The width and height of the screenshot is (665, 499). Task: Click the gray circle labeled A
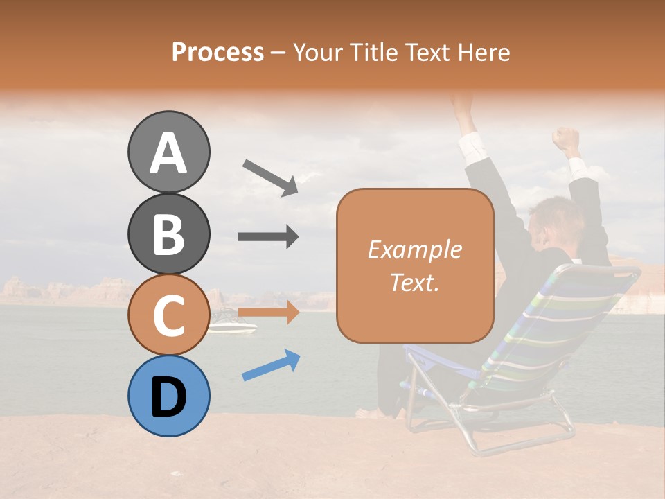tap(168, 152)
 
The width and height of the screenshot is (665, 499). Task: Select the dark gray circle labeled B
tap(168, 234)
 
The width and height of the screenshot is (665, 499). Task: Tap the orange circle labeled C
tap(168, 315)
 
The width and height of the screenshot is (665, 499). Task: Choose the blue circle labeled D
tap(168, 396)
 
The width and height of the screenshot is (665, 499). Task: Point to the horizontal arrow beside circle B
tap(268, 237)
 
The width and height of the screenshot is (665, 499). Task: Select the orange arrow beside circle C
tap(268, 313)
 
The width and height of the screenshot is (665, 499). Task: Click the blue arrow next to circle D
tap(271, 365)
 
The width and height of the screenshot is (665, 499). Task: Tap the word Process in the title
tap(218, 52)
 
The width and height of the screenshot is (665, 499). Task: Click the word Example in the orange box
tap(414, 249)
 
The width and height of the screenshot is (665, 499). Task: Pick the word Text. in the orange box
tap(414, 282)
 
